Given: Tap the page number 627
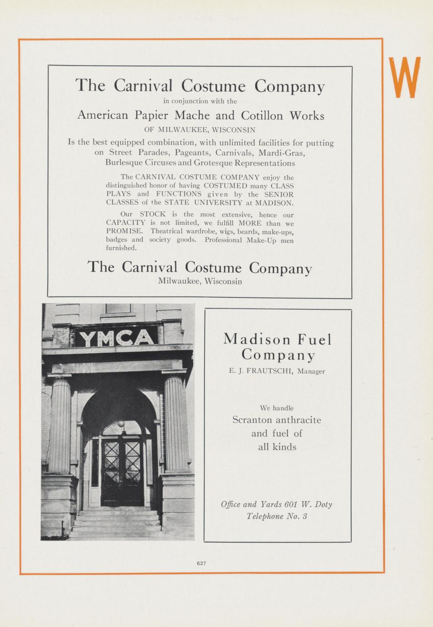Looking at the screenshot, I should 201,563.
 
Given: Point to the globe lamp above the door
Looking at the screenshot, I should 121,423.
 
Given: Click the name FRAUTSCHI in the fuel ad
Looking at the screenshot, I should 271,371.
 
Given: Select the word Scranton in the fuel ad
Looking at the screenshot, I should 252,420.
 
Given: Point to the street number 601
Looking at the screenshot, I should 291,504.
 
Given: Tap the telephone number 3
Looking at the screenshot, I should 305,516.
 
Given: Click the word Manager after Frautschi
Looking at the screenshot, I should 311,371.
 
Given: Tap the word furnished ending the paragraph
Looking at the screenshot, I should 121,248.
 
